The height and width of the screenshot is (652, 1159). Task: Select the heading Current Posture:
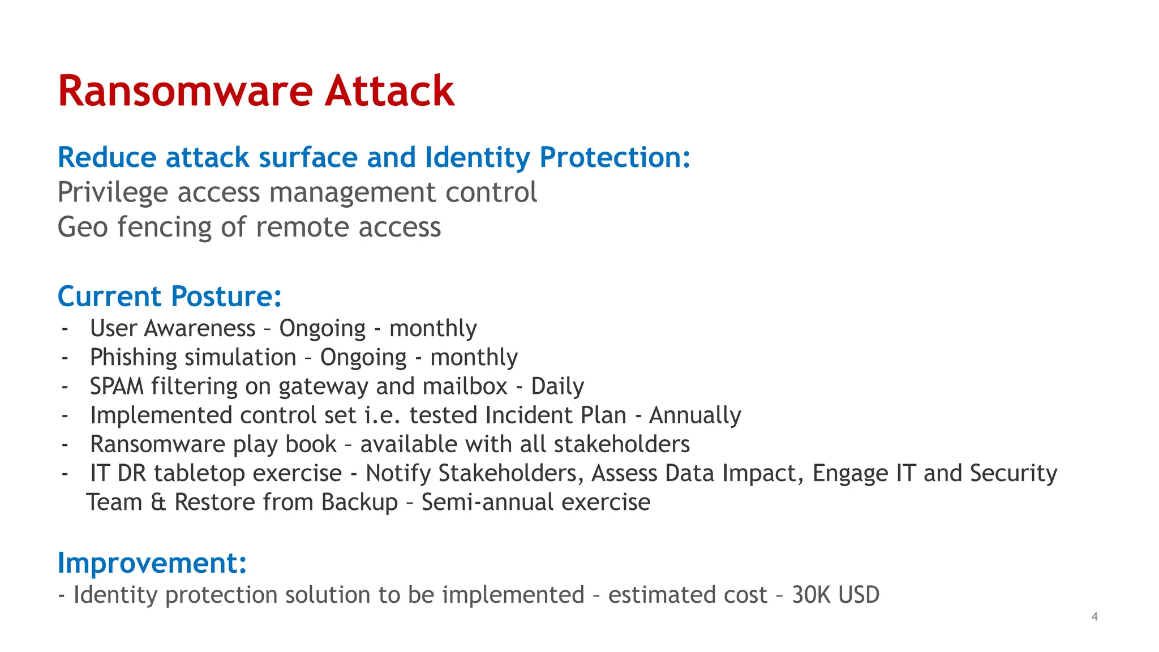tap(169, 296)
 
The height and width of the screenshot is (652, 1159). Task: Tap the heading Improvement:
tap(152, 563)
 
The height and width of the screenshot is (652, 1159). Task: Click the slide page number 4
tap(1094, 617)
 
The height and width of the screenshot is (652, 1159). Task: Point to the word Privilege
tap(113, 192)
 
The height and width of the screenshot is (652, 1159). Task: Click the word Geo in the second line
tap(82, 228)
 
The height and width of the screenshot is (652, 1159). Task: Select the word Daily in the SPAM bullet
tap(557, 387)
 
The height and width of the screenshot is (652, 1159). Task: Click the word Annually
tap(695, 415)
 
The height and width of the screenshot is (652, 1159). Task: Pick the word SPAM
tap(117, 387)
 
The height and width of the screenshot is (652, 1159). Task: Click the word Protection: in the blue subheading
tap(615, 157)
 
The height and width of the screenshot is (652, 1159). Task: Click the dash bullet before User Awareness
tap(65, 329)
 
